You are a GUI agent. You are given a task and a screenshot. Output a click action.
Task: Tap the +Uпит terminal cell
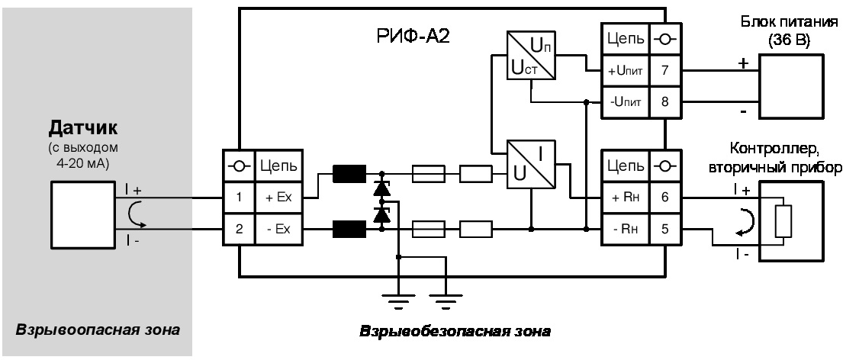tap(621, 70)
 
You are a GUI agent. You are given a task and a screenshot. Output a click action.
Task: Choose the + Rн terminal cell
tap(621, 197)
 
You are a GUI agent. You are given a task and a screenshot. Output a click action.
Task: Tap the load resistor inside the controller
tap(781, 221)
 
